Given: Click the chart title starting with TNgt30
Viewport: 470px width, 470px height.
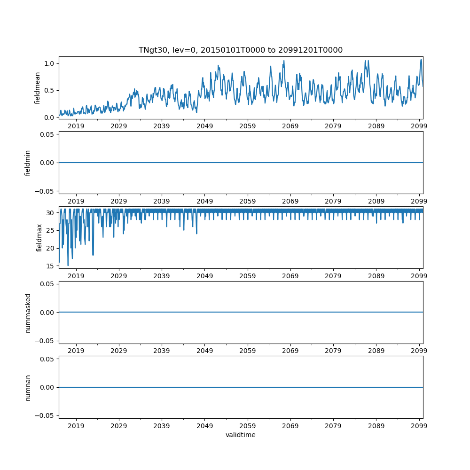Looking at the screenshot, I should tap(240, 50).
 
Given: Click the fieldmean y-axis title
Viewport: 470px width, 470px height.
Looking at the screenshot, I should tap(37, 88).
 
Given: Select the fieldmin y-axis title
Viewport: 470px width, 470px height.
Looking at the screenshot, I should tap(28, 163).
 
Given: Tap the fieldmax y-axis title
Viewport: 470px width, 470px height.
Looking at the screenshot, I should tap(39, 237).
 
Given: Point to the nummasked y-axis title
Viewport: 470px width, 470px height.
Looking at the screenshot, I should tap(28, 312).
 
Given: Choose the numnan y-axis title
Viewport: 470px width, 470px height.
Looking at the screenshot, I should tap(28, 387).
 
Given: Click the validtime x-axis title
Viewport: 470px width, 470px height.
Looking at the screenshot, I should tap(240, 435).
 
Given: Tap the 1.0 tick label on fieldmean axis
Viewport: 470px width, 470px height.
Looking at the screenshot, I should tap(49, 63).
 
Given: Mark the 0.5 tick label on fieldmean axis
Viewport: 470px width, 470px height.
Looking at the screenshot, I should tap(49, 90).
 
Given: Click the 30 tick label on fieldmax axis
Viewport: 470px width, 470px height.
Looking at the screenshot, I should tap(50, 212).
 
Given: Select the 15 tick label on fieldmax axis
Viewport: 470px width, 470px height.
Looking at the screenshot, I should tap(50, 266).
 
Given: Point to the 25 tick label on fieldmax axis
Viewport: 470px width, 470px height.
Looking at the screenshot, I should tap(50, 230).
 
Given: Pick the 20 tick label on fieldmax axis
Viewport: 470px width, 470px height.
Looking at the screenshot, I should tap(50, 248).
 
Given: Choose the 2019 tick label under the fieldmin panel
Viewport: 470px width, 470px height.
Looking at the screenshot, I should tap(76, 201).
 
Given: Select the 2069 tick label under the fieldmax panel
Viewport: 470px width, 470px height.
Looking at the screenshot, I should tap(290, 276).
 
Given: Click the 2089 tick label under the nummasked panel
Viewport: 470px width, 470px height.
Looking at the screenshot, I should tap(376, 351).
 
